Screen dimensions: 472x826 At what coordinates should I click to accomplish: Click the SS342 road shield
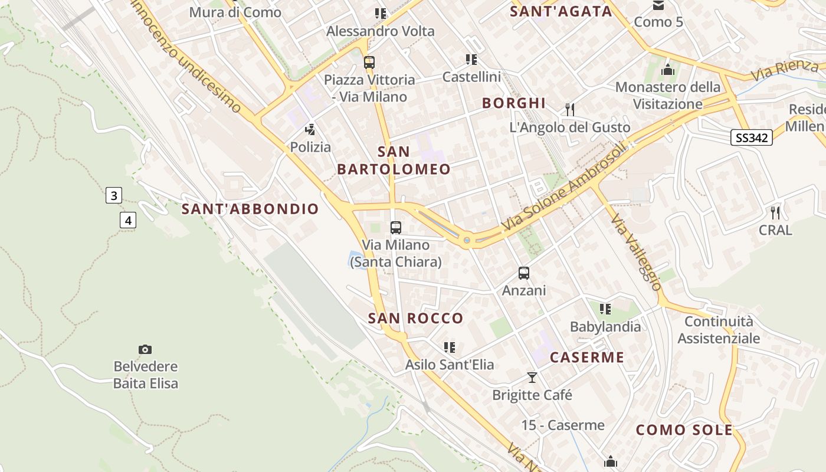point(751,138)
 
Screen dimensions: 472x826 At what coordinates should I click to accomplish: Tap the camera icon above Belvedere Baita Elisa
point(145,349)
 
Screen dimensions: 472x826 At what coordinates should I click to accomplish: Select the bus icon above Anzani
point(524,273)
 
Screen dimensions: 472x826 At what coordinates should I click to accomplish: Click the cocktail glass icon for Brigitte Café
point(532,378)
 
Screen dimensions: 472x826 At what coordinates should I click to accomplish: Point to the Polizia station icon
point(310,130)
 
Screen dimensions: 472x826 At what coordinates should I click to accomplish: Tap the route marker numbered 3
point(114,195)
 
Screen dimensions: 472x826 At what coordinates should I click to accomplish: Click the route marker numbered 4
point(127,221)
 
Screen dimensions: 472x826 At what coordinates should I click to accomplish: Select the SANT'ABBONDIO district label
point(250,209)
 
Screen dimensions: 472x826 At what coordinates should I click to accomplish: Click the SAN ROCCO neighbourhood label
point(416,319)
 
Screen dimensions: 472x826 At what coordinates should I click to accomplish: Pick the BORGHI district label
point(514,103)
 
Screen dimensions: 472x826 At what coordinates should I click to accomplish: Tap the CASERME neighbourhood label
point(587,358)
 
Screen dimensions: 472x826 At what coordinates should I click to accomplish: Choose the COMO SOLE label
point(684,430)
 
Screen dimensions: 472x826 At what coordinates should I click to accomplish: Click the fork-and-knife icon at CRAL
point(775,213)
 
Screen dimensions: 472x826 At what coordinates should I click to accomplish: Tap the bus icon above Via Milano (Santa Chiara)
point(396,227)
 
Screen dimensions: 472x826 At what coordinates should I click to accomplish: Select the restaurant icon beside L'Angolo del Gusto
point(570,110)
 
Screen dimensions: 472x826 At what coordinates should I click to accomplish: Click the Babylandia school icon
point(605,309)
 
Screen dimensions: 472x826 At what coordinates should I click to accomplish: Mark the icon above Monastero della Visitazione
point(668,70)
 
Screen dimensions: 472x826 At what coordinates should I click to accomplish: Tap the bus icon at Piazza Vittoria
point(369,62)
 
